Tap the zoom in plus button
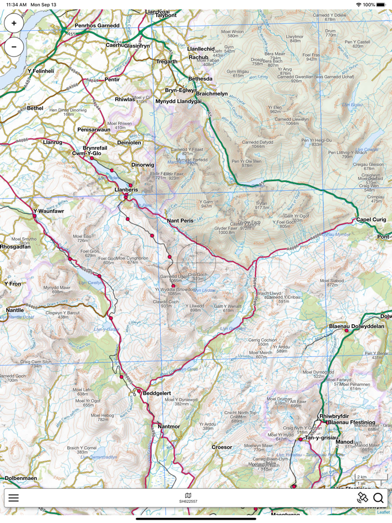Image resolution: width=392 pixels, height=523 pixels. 14,23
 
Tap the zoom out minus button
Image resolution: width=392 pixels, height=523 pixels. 14,46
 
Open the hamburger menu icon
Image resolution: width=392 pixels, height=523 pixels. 13,497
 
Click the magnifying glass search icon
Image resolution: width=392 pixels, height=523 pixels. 379,497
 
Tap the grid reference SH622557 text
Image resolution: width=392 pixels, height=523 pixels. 188,501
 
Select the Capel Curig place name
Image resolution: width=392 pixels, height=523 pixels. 371,220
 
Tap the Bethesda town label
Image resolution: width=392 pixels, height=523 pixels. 200,79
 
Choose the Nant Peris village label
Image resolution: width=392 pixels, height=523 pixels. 180,221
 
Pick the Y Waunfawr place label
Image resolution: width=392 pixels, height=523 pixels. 49,211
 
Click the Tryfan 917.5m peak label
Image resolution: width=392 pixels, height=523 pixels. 262,205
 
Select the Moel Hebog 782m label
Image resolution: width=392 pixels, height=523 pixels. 103,417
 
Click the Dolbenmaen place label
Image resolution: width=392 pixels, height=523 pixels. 21,478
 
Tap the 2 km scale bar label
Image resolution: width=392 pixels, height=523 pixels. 362,477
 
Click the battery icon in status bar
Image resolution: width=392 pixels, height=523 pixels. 384,4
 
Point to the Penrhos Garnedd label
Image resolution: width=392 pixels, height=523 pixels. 97,25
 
